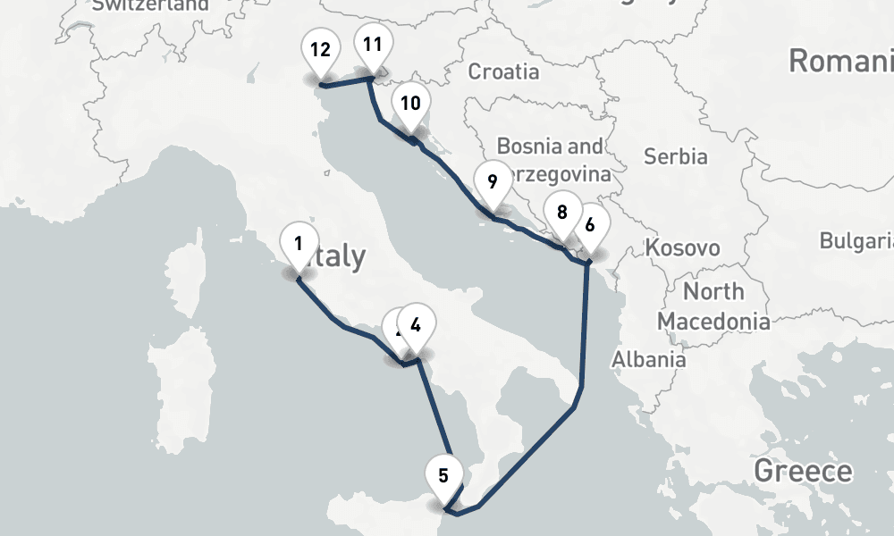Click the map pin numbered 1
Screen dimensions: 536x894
[299, 243]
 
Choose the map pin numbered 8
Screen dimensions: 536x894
[561, 214]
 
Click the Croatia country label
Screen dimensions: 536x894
[504, 71]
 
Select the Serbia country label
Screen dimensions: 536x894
[676, 156]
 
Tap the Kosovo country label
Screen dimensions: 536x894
[685, 247]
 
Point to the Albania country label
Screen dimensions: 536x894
[649, 359]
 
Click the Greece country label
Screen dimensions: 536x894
[803, 471]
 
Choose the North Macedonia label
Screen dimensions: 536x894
[713, 306]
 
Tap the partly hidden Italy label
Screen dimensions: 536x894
[338, 257]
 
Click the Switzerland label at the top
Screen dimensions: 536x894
[150, 5]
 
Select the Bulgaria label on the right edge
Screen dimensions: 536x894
[856, 241]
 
